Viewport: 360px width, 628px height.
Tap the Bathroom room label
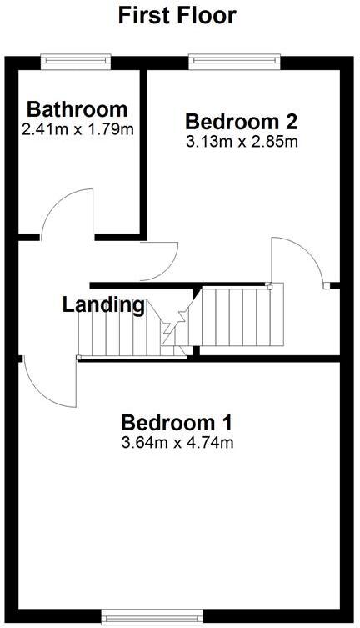[x=77, y=109]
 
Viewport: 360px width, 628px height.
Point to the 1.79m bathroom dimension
[x=111, y=129]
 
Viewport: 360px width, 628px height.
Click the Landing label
[x=103, y=304]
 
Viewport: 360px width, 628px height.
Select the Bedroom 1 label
[x=177, y=421]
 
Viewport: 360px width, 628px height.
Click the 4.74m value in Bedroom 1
[x=210, y=442]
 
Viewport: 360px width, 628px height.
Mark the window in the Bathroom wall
[x=76, y=59]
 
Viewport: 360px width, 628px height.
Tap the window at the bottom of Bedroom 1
[x=145, y=616]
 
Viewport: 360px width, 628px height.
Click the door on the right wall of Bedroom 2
[x=300, y=263]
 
